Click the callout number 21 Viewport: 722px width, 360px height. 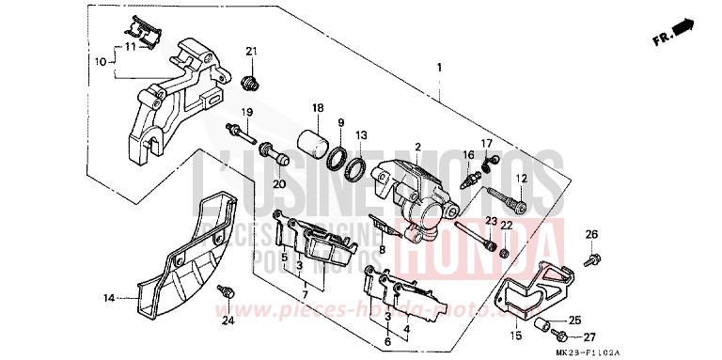tap(251, 51)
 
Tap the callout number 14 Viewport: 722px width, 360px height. tap(109, 298)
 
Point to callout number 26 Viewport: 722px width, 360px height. tap(591, 233)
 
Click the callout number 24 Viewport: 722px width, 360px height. tap(227, 322)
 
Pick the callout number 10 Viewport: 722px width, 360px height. tap(101, 62)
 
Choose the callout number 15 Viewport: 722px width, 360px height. tap(516, 336)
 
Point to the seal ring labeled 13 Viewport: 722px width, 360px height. tap(356, 170)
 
